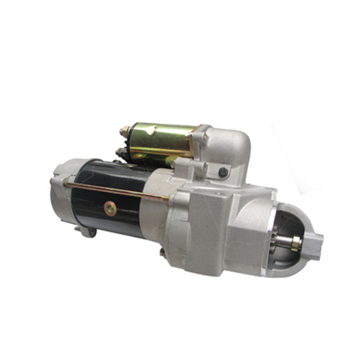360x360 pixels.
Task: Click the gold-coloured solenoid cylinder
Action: pyautogui.click(x=161, y=142)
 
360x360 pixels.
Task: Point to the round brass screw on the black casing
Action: pyautogui.click(x=110, y=209)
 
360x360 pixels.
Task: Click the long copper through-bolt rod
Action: pyautogui.click(x=112, y=189)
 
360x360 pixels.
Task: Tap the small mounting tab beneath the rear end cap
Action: pyautogui.click(x=88, y=232)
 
